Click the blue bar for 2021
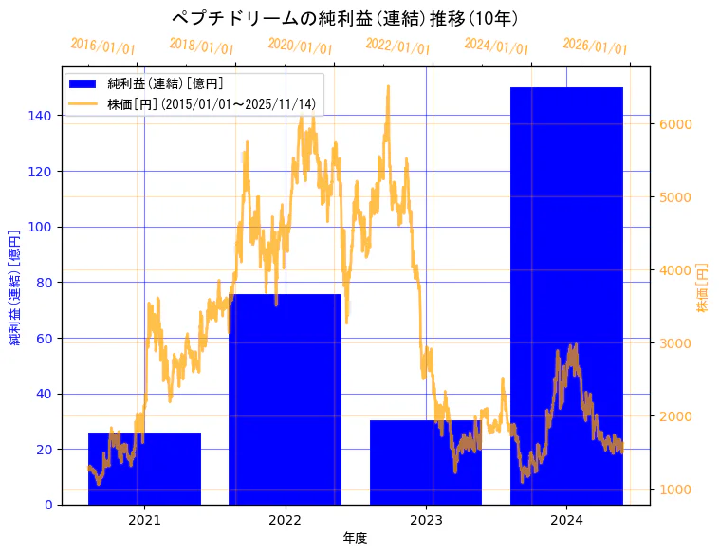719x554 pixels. [144, 469]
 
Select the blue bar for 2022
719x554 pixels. [285, 399]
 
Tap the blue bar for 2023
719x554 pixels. [426, 462]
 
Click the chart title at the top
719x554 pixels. [344, 18]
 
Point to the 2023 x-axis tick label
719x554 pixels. [426, 519]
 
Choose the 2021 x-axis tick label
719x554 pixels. [144, 519]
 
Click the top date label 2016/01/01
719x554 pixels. [103, 46]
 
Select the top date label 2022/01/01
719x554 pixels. [397, 46]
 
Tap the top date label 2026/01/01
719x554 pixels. [595, 46]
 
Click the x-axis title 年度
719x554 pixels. [355, 538]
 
